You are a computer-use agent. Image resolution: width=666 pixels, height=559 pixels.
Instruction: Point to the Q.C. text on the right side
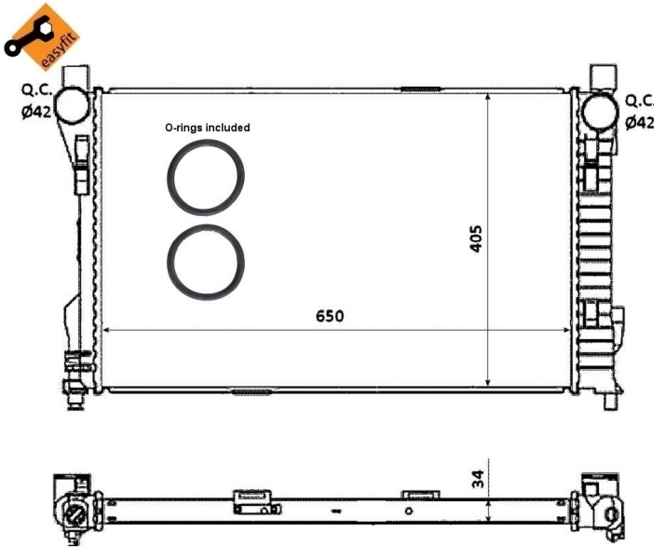tap(643, 101)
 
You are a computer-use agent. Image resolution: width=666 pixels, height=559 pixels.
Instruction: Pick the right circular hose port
tap(599, 109)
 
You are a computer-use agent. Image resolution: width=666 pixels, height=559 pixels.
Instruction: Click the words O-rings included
tap(207, 128)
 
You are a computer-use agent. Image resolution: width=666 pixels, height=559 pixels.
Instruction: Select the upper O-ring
tap(207, 176)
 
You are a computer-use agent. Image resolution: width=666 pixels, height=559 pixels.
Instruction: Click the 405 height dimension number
tap(475, 239)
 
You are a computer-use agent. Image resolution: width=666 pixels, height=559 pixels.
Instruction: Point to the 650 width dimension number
tap(329, 316)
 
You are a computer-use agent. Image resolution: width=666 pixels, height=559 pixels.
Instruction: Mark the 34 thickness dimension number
tap(476, 480)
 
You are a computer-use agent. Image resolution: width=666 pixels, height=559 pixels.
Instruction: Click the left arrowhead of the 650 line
tap(106, 330)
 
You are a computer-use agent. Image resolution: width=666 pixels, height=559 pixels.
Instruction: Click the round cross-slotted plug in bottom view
tap(73, 514)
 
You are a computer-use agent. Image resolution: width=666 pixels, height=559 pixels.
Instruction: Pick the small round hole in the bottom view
tap(408, 511)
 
